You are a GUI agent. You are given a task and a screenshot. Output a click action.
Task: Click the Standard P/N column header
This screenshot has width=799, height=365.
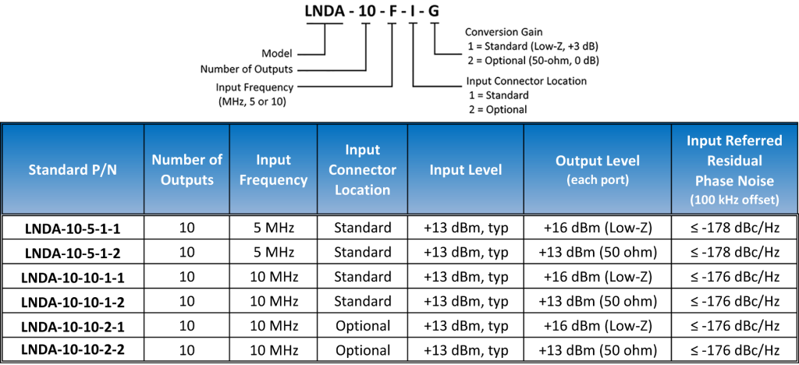coord(73,169)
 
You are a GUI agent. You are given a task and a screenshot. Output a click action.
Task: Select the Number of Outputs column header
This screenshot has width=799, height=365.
coord(187,169)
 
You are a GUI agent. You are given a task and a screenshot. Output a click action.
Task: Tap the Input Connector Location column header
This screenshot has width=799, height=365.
coord(362,169)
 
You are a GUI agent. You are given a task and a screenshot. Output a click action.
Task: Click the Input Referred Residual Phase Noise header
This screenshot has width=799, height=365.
coord(734,169)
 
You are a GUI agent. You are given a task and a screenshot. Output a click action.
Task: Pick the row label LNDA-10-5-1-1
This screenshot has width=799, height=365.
coord(73,229)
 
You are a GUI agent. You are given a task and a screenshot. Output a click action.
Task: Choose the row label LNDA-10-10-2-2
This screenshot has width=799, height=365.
coord(73,349)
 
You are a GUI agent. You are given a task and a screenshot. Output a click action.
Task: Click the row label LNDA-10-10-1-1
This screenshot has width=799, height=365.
coord(73,277)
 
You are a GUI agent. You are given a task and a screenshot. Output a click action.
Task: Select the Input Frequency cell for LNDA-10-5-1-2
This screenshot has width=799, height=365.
coord(272,253)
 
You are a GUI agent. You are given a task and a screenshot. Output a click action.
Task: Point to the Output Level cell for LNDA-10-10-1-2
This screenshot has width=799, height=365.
coord(597,301)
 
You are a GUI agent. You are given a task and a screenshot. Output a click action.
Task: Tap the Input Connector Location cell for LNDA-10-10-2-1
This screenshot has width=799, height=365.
coord(362,325)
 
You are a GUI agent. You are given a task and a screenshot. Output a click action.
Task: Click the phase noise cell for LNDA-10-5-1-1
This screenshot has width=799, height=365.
coord(734,229)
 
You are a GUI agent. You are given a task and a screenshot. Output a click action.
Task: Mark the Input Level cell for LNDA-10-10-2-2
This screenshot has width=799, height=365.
coord(466,349)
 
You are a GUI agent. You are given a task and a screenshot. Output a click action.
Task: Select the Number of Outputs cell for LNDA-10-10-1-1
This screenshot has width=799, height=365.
coord(187,277)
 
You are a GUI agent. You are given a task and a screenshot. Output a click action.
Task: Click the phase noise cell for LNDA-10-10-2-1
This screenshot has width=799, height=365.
coord(734,325)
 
